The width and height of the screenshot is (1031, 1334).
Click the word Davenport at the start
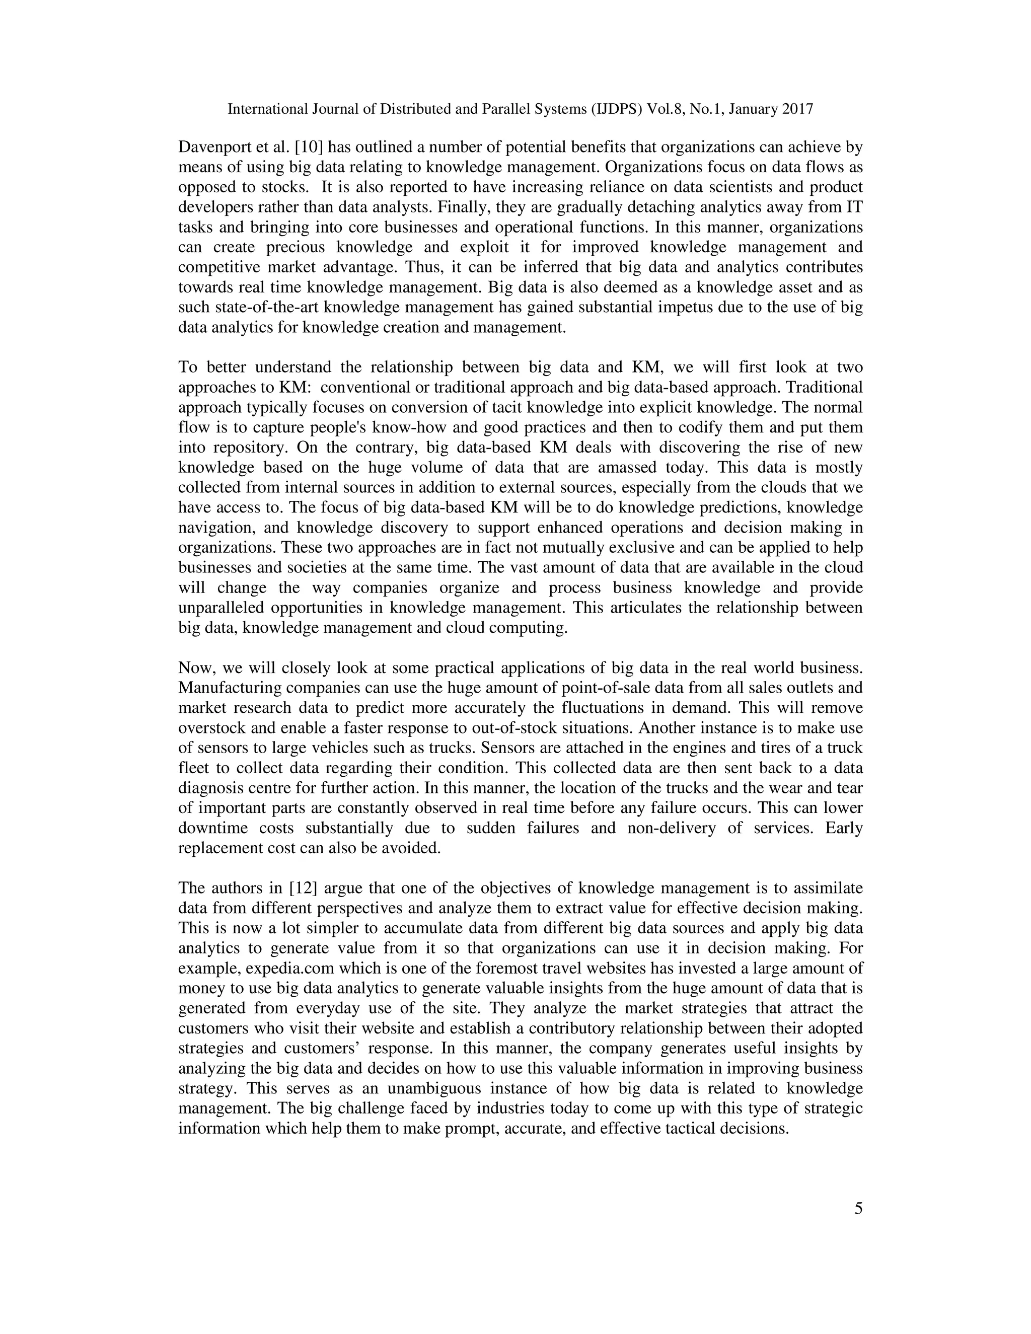(215, 147)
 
